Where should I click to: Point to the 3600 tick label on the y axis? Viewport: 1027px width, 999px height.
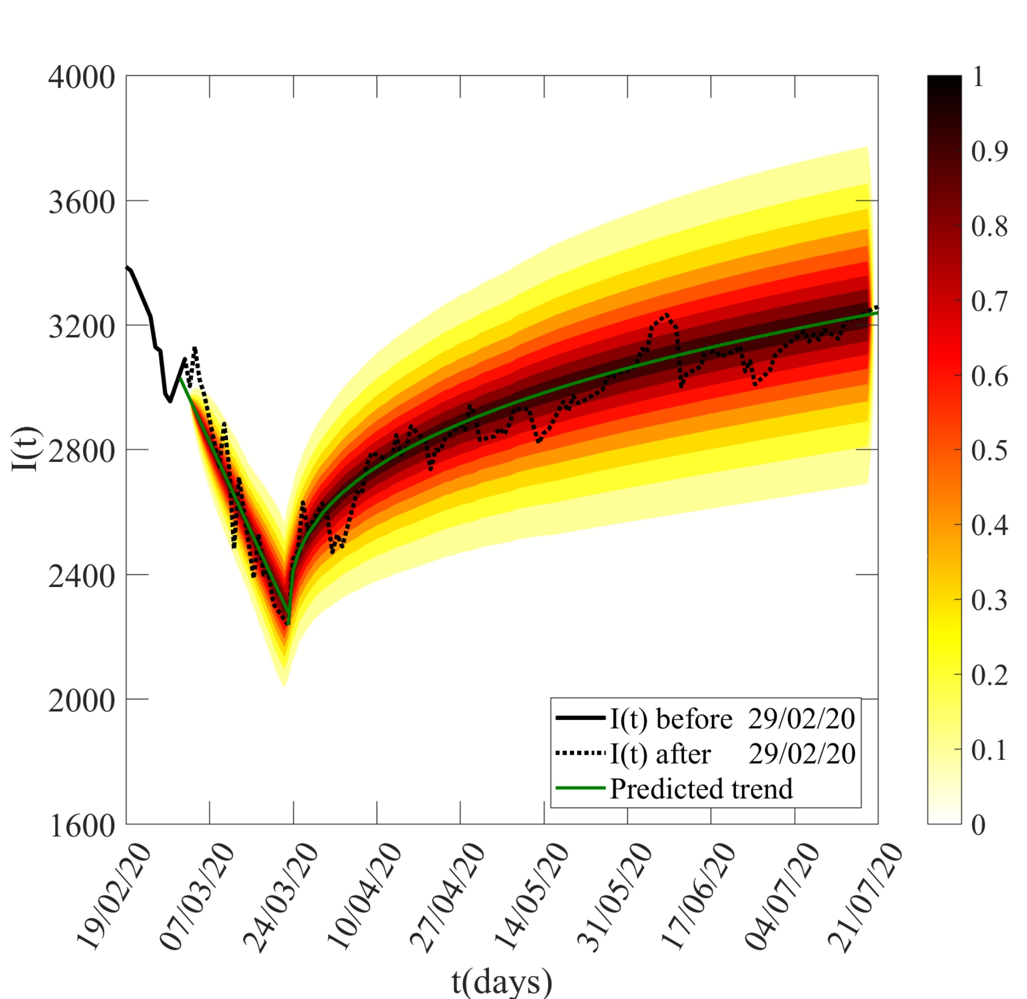pos(81,202)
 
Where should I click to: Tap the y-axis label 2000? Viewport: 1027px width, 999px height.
pos(81,700)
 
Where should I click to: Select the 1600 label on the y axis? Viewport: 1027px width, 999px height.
pos(81,825)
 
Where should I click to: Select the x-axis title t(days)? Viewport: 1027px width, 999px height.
pos(502,981)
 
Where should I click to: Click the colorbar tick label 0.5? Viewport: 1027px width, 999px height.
pos(989,450)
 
